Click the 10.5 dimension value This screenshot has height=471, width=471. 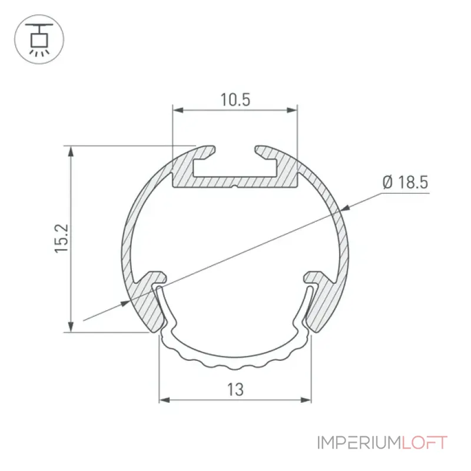coord(235,99)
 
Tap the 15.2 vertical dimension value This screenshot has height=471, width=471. coord(62,238)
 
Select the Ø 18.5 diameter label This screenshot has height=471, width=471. coord(406,183)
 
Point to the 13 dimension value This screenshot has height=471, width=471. coord(235,390)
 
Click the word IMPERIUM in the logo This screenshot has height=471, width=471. coord(359,443)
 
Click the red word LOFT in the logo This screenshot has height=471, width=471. coord(424,443)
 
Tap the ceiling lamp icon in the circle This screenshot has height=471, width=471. coord(39,39)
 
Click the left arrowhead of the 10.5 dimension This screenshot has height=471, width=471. coord(178,110)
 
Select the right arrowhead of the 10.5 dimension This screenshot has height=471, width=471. coord(291,110)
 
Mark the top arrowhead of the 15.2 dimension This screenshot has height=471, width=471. coord(71,151)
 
